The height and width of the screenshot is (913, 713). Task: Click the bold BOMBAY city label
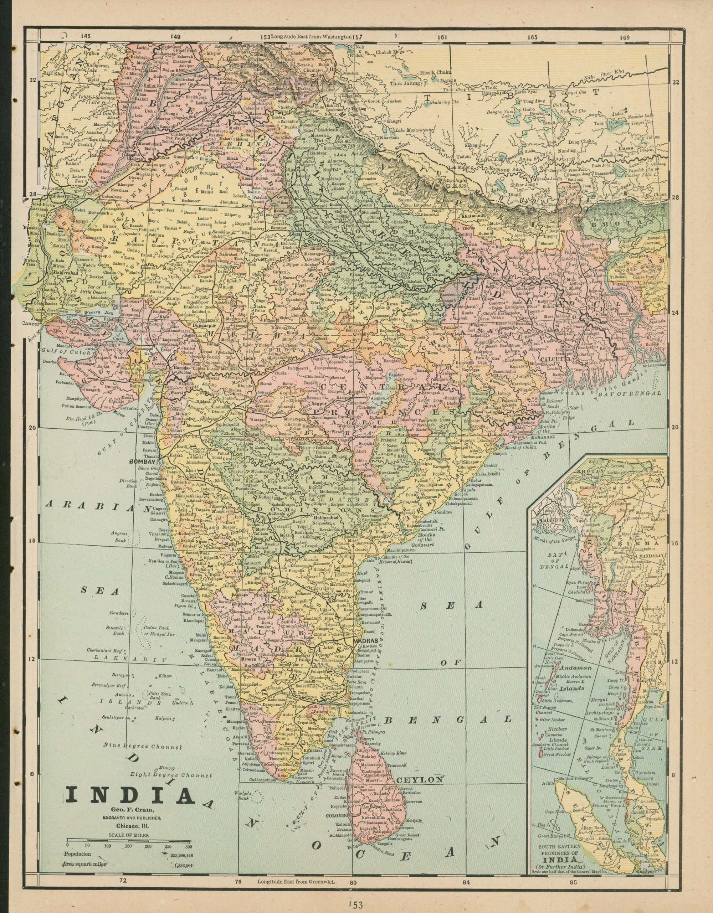[x=142, y=462]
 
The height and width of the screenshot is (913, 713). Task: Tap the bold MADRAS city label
[x=365, y=640]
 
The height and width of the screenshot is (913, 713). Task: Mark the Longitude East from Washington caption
[x=311, y=36]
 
